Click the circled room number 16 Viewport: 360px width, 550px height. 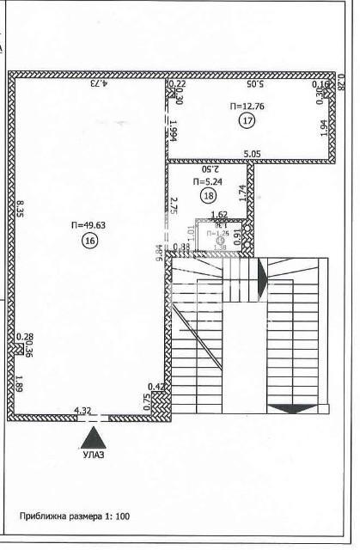pyautogui.click(x=90, y=241)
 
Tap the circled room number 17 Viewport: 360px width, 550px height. pyautogui.click(x=248, y=120)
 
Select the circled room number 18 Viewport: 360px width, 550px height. pyautogui.click(x=207, y=196)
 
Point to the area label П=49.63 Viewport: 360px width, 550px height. pyautogui.click(x=89, y=226)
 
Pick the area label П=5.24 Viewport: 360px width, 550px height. pyautogui.click(x=207, y=182)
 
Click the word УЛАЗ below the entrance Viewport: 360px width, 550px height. pyautogui.click(x=92, y=455)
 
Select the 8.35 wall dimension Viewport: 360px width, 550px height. pyautogui.click(x=19, y=212)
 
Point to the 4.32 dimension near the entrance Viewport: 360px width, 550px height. pyautogui.click(x=83, y=411)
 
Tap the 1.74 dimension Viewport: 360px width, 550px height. pyautogui.click(x=244, y=193)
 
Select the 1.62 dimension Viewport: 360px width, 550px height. pyautogui.click(x=218, y=214)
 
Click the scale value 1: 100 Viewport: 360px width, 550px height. pyautogui.click(x=113, y=517)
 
